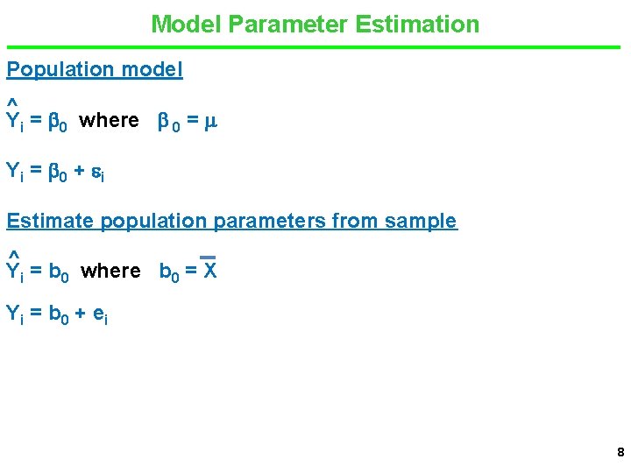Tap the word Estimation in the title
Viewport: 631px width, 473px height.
(418, 24)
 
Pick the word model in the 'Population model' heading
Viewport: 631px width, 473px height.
(152, 69)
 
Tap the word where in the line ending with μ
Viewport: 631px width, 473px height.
(109, 120)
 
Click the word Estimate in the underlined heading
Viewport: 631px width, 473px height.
(50, 221)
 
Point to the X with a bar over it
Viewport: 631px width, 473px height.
(209, 271)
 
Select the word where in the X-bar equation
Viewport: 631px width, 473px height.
(110, 271)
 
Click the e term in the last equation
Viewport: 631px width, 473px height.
(97, 314)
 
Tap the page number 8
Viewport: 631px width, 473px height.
(620, 453)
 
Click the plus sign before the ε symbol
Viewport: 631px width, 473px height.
(79, 171)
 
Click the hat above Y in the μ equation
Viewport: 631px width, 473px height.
(12, 103)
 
